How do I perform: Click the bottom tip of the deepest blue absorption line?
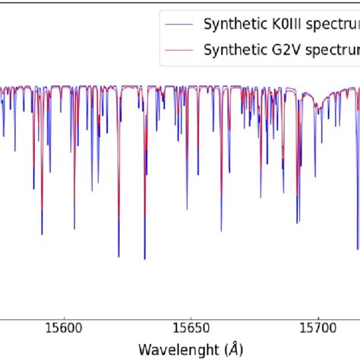click(x=144, y=259)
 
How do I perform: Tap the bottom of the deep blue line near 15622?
click(x=118, y=256)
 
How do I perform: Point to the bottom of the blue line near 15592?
click(x=42, y=234)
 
